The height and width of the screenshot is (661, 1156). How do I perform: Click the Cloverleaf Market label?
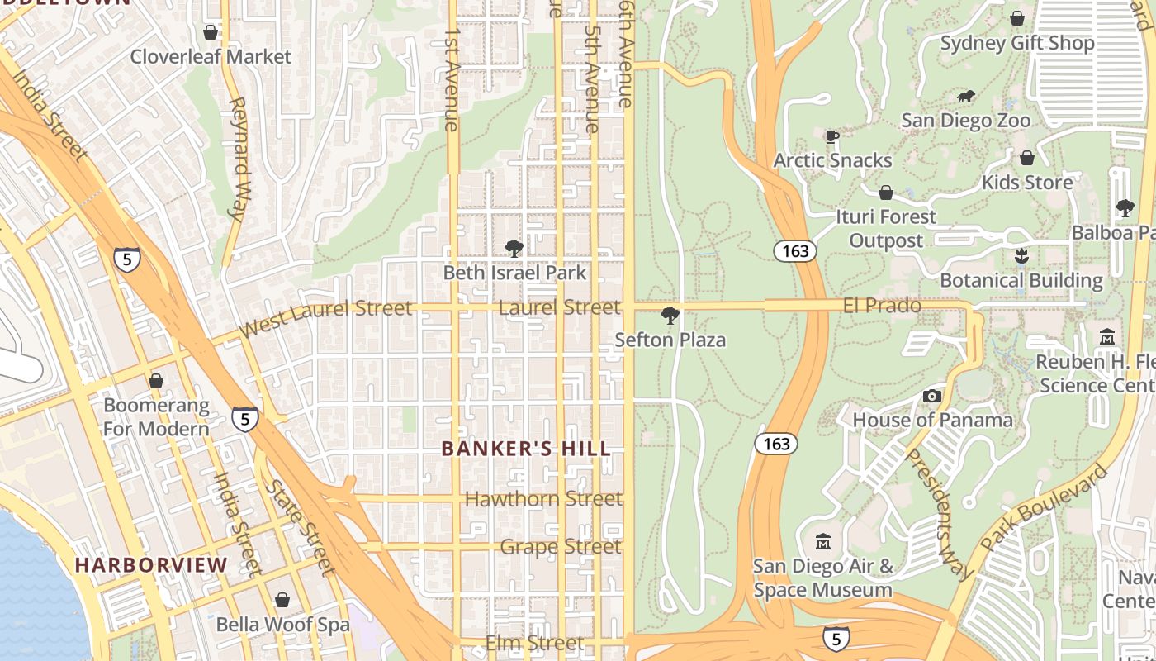tap(211, 57)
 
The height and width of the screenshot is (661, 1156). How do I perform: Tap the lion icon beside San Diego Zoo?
tap(966, 97)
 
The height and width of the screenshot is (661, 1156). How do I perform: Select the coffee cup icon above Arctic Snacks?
tap(832, 136)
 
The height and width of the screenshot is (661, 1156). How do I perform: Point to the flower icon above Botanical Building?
tap(1021, 256)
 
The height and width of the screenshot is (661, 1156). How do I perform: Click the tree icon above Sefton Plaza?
tap(670, 315)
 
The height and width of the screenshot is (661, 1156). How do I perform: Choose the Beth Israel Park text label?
tap(514, 273)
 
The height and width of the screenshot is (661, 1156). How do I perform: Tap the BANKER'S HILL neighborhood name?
tap(526, 449)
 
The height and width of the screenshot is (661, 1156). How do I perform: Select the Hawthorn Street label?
tap(543, 499)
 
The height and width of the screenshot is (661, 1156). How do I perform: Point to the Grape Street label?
tap(560, 547)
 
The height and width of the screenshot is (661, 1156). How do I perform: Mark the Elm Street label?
tap(534, 643)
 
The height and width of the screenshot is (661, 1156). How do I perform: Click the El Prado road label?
tap(881, 306)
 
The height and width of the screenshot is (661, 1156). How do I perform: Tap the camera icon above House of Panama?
tap(932, 397)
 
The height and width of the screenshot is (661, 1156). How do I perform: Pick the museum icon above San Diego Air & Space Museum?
tap(823, 542)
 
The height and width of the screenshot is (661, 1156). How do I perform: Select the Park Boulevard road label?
tap(1045, 507)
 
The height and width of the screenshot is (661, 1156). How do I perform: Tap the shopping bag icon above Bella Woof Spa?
tap(282, 600)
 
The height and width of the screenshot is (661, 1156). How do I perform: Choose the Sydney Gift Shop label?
tap(1017, 43)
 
